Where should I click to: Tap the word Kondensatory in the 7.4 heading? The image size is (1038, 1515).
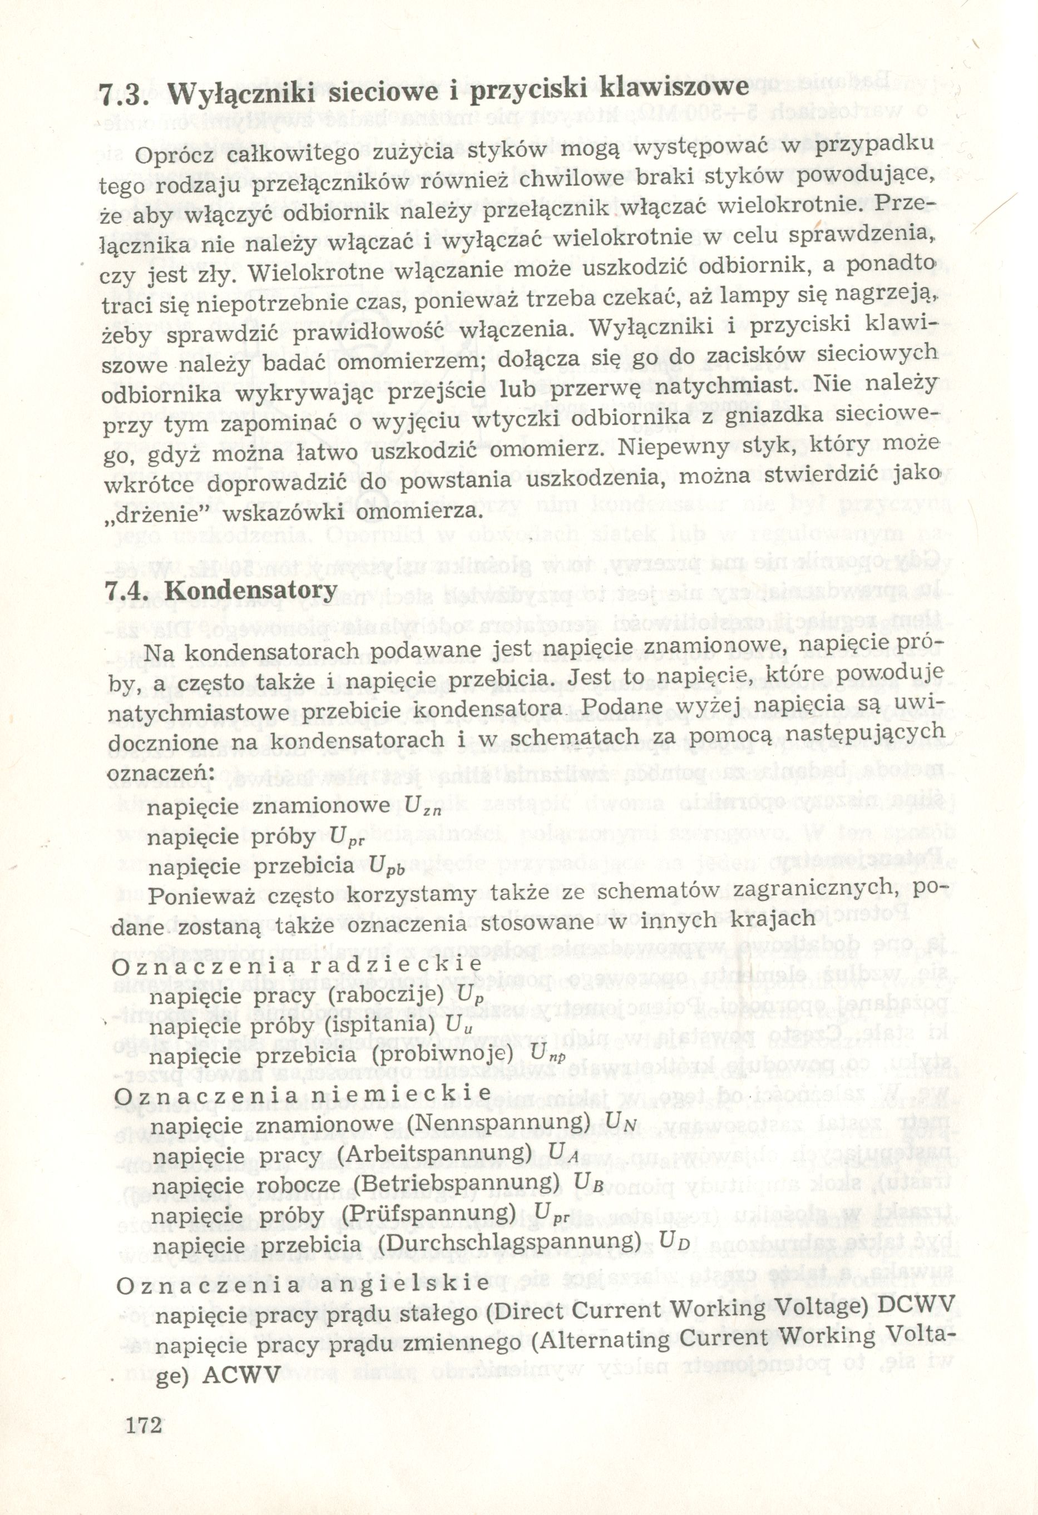251,591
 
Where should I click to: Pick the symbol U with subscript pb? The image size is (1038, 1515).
386,868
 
